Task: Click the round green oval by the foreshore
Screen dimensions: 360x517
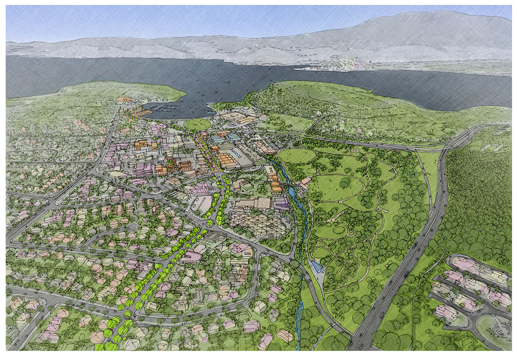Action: coord(197,124)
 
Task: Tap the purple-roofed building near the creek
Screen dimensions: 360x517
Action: coord(282,203)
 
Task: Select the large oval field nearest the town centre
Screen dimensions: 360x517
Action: coord(295,156)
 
